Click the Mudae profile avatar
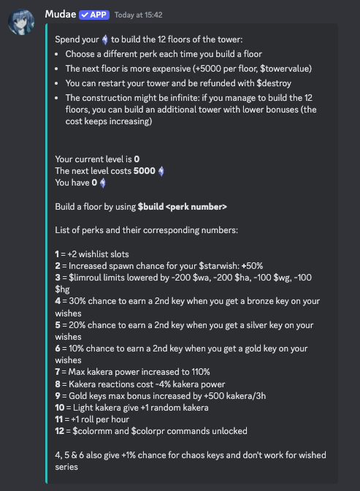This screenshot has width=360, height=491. click(22, 23)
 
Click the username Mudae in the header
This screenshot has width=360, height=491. click(61, 15)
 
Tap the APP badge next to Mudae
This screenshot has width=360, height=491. click(94, 15)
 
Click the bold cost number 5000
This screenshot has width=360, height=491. click(145, 171)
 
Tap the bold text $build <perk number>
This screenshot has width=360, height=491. click(183, 207)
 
